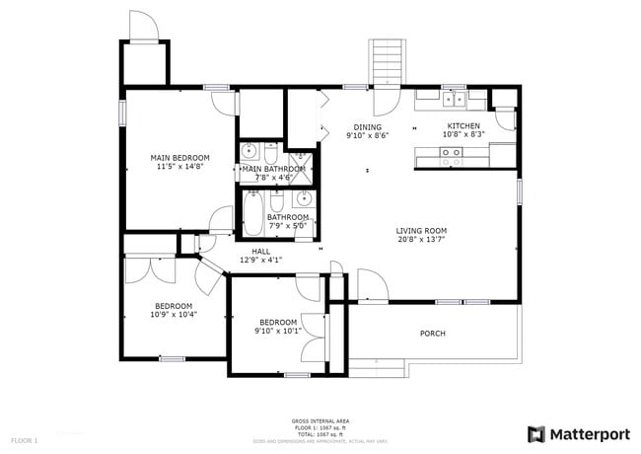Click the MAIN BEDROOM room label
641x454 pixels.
[x=179, y=158]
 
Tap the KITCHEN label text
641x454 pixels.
[x=463, y=126]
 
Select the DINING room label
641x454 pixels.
[x=367, y=126]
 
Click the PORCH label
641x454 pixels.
[x=432, y=334]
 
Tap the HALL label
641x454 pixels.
[x=260, y=252]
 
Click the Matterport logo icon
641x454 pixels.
[x=536, y=433]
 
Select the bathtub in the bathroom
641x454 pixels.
[x=252, y=215]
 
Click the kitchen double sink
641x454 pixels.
[x=454, y=99]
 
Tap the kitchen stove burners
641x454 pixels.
[x=451, y=153]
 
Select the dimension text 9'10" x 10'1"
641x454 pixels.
[x=278, y=332]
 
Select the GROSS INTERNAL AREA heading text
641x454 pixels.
[x=320, y=421]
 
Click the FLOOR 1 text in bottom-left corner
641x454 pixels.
[x=24, y=439]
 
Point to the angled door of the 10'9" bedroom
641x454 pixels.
[x=209, y=276]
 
